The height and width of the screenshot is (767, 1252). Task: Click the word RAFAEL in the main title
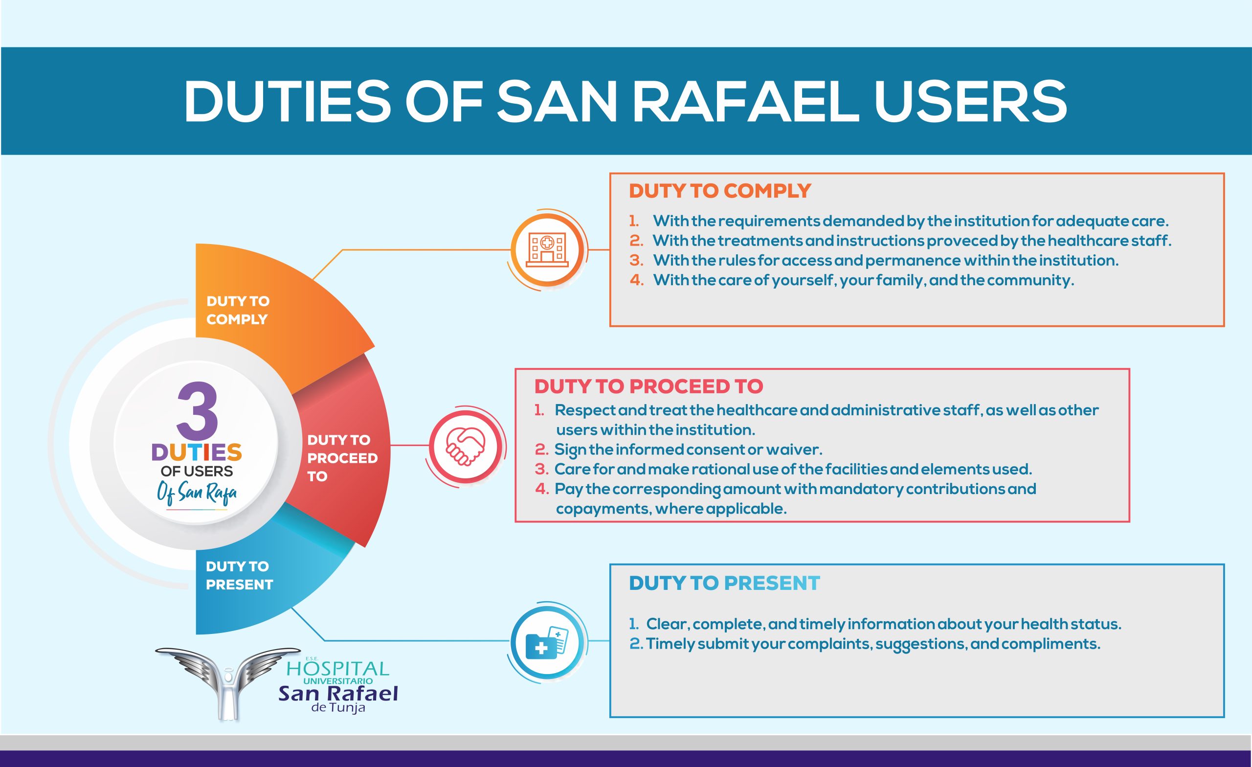point(746,102)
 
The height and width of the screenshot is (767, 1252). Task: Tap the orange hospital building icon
point(547,249)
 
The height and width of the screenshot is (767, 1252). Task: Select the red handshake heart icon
point(466,446)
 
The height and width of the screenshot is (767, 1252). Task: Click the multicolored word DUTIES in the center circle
point(197,452)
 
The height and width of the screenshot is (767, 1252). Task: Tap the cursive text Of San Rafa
point(197,493)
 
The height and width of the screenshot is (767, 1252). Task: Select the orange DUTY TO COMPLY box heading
point(719,191)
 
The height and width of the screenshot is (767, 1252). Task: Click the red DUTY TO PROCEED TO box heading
point(648,386)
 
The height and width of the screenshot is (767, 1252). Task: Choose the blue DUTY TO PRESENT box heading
point(724,583)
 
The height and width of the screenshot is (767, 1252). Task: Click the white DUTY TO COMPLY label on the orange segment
point(237,310)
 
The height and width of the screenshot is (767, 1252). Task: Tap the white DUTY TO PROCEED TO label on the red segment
point(342,458)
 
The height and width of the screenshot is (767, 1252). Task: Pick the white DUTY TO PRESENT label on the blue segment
point(239,575)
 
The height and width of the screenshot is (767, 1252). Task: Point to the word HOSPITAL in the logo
point(338,668)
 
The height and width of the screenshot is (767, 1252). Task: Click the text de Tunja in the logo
point(338,707)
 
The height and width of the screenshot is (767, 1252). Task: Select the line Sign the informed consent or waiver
point(688,450)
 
